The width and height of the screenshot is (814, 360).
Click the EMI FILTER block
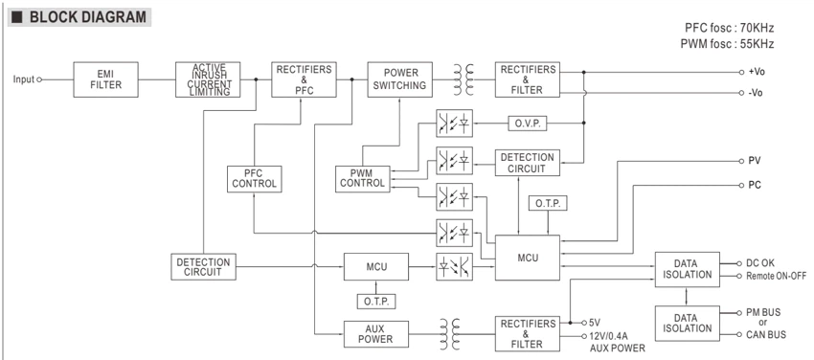(x=106, y=79)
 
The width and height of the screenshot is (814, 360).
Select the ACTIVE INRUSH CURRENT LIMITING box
(x=208, y=79)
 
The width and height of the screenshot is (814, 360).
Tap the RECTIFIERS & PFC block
(x=304, y=79)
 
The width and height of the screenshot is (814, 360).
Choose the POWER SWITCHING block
(x=399, y=79)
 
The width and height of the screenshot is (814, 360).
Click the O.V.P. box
(x=527, y=124)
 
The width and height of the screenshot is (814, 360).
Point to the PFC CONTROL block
(x=255, y=179)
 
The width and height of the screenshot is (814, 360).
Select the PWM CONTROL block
(x=362, y=179)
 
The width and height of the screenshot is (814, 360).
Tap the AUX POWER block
(x=375, y=334)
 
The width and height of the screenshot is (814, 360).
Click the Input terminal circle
(x=39, y=79)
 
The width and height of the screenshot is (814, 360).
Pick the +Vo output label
(x=757, y=72)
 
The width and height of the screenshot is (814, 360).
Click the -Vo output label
(x=756, y=93)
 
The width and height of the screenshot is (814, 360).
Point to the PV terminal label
(x=755, y=161)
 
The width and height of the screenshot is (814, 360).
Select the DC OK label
(x=760, y=263)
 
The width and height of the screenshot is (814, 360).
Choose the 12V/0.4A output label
(x=611, y=336)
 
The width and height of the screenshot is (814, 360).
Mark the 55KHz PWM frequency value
(x=756, y=44)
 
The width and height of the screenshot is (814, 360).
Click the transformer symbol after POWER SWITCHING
(x=464, y=79)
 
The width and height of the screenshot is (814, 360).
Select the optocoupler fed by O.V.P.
(x=454, y=124)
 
